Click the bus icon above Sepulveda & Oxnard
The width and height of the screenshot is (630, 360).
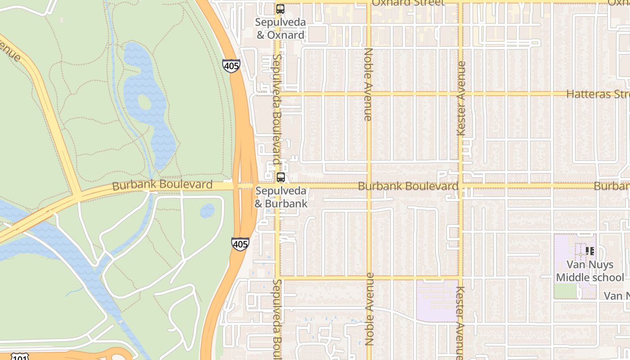(x=280, y=9)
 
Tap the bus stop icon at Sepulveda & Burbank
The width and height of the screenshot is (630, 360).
(x=281, y=177)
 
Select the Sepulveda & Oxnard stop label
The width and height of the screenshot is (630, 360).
(x=280, y=28)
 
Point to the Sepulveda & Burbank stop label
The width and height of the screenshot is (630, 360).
(x=281, y=197)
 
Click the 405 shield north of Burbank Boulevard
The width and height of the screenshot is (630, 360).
(x=231, y=65)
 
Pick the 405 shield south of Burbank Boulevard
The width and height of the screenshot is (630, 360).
(x=240, y=244)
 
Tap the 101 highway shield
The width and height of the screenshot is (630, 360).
(x=19, y=357)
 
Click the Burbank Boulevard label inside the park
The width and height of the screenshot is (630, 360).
(x=162, y=185)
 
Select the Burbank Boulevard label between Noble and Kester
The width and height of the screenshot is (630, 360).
(x=408, y=186)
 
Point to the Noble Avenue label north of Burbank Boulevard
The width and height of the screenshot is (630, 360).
(x=368, y=84)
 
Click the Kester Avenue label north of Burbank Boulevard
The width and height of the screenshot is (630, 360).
(x=461, y=99)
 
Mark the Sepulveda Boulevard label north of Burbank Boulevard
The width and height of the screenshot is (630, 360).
(x=277, y=110)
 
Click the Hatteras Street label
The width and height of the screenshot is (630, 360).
(x=598, y=94)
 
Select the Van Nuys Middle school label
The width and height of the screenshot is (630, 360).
(x=589, y=271)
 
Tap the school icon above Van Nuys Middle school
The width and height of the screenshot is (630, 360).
(x=589, y=251)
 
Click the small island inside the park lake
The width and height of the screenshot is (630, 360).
(x=144, y=103)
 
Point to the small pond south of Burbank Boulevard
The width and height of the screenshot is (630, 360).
(x=207, y=210)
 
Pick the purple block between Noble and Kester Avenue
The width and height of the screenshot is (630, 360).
(x=437, y=300)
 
